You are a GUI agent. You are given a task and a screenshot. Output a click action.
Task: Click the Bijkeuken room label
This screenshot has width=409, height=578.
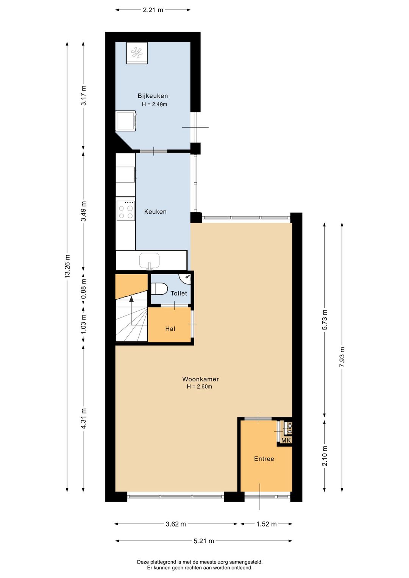click(153, 96)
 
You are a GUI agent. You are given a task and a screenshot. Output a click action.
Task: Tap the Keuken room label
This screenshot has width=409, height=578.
click(155, 212)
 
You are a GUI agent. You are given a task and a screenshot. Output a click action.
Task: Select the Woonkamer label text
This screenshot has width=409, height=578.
click(200, 379)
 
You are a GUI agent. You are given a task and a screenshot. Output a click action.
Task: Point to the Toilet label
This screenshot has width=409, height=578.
click(179, 294)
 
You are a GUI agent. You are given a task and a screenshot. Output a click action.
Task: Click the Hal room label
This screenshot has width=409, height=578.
click(170, 329)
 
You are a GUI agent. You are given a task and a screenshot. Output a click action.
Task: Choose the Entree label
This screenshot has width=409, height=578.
click(264, 459)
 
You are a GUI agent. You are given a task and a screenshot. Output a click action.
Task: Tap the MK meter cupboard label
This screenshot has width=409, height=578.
click(286, 441)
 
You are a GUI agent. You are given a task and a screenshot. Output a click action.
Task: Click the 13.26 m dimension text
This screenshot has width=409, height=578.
click(67, 266)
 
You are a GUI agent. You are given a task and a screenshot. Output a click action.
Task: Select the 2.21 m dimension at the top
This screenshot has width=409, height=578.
click(153, 10)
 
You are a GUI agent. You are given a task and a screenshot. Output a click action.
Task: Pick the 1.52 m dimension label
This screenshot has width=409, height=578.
click(266, 524)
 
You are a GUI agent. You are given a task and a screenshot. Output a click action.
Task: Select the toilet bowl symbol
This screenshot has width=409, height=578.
click(159, 289)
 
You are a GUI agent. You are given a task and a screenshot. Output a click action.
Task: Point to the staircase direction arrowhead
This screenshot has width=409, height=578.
click(131, 299)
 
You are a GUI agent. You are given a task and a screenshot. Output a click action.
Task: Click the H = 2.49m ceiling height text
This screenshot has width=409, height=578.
click(155, 105)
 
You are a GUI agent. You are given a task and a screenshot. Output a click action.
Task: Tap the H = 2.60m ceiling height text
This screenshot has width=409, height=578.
click(200, 387)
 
